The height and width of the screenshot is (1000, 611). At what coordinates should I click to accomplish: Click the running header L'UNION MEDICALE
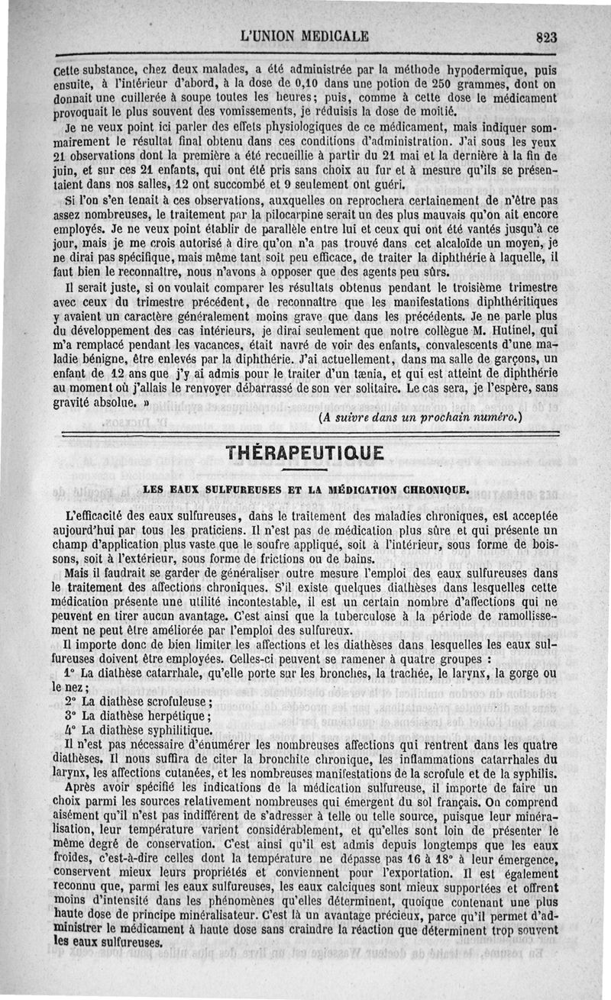click(x=304, y=35)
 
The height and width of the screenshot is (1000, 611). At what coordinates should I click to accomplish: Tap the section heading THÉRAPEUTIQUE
click(x=305, y=453)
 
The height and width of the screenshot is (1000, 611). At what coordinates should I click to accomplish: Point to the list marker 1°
click(x=70, y=673)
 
